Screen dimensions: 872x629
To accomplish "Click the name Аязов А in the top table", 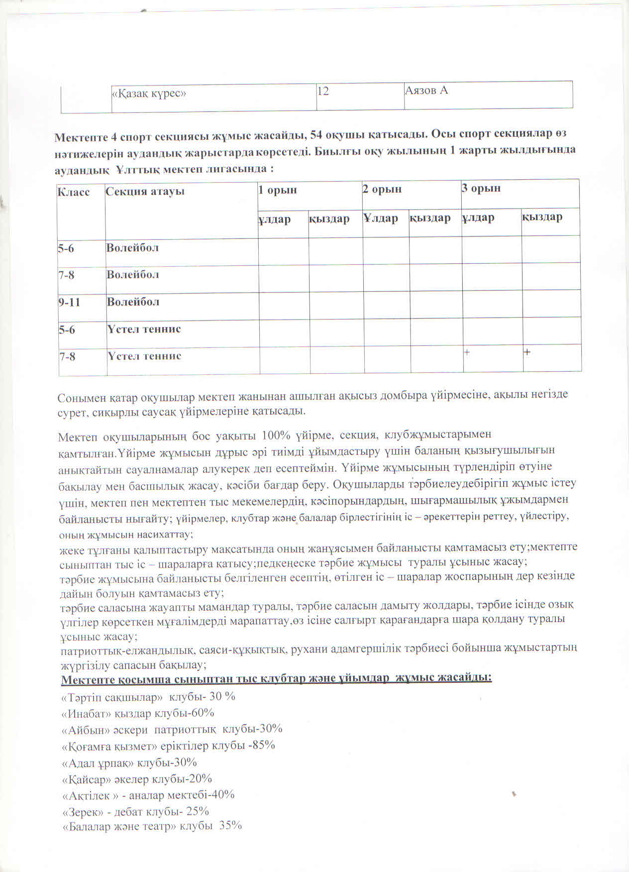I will coord(426,91).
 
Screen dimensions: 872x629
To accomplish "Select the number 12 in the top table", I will coord(323,91).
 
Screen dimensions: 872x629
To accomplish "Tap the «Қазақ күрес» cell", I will coord(149,93).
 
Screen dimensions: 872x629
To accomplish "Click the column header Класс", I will coord(74,192).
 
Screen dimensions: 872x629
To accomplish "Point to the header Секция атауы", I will coord(145,191).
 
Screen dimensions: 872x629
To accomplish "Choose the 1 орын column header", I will coord(277,190).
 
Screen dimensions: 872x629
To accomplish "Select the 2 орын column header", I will coord(382,189).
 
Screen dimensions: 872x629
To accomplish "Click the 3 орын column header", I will coord(481,188).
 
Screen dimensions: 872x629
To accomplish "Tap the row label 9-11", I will coord(69,302).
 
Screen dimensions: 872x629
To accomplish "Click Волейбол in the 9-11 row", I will coord(133,302).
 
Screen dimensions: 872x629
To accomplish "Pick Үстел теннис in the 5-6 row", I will coord(144,329).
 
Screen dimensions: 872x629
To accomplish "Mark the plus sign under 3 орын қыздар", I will coord(527,352).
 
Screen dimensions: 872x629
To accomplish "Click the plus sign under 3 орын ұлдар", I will coord(467,352).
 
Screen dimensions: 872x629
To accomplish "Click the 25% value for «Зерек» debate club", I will coord(198,811).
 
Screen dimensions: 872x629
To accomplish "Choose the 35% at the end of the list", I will coord(230,825).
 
